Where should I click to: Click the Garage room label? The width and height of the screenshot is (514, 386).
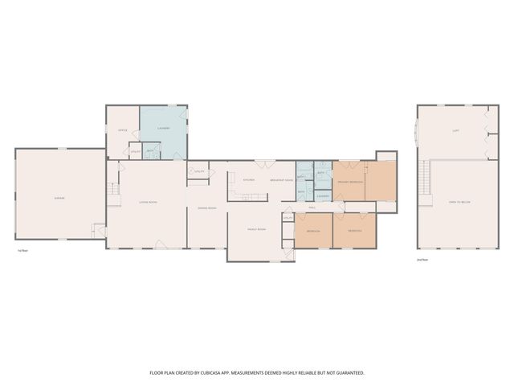point(59,198)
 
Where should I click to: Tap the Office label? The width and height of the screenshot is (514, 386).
point(123,130)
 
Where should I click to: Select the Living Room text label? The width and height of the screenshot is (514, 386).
point(148,202)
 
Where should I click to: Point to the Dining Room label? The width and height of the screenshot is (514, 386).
point(209,208)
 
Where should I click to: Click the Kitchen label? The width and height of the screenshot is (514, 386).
point(249,179)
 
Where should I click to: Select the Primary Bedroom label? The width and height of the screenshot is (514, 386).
point(350,183)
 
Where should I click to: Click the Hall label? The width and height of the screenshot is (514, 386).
point(312,207)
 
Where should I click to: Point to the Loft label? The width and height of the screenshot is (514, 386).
point(455,130)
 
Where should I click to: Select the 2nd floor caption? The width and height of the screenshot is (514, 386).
point(422,260)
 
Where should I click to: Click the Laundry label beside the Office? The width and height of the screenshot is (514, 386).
point(163,129)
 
